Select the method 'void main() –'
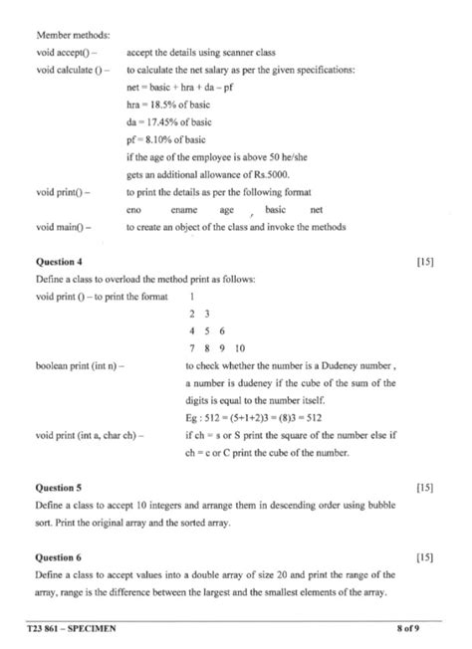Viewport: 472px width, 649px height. pos(63,226)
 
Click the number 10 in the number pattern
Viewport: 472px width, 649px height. pos(239,348)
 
